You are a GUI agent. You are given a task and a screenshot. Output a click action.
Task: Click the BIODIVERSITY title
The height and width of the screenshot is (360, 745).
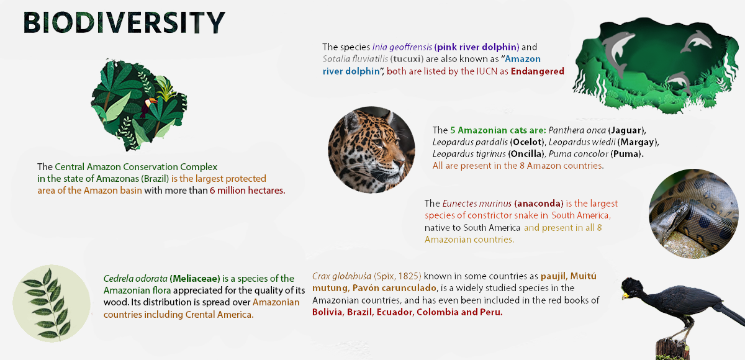124,22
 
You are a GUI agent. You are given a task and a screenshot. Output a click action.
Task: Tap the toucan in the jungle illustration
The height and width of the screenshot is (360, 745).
148,106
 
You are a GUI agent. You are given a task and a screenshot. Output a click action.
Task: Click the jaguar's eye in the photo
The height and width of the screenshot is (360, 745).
378,142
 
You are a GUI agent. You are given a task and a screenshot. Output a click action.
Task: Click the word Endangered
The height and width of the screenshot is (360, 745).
538,71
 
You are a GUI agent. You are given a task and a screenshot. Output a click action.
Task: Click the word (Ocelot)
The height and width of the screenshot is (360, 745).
528,142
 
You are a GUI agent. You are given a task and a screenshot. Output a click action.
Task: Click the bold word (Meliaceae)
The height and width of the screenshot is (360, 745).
195,278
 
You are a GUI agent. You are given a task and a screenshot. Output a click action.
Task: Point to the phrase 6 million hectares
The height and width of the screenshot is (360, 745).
248,191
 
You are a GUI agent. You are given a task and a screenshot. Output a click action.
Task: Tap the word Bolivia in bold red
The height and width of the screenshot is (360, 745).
328,312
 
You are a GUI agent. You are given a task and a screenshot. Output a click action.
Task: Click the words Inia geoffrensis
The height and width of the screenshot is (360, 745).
402,47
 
